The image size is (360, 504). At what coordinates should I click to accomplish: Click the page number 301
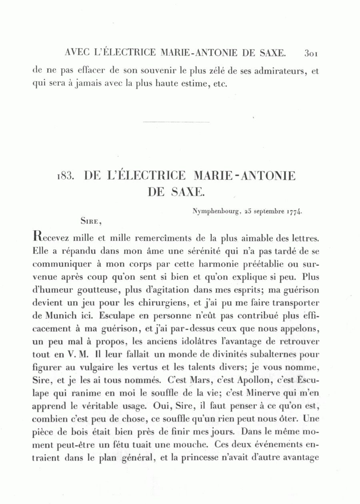(311, 53)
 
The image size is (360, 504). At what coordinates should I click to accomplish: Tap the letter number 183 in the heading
(64, 176)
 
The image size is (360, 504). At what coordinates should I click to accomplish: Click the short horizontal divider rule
(176, 122)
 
